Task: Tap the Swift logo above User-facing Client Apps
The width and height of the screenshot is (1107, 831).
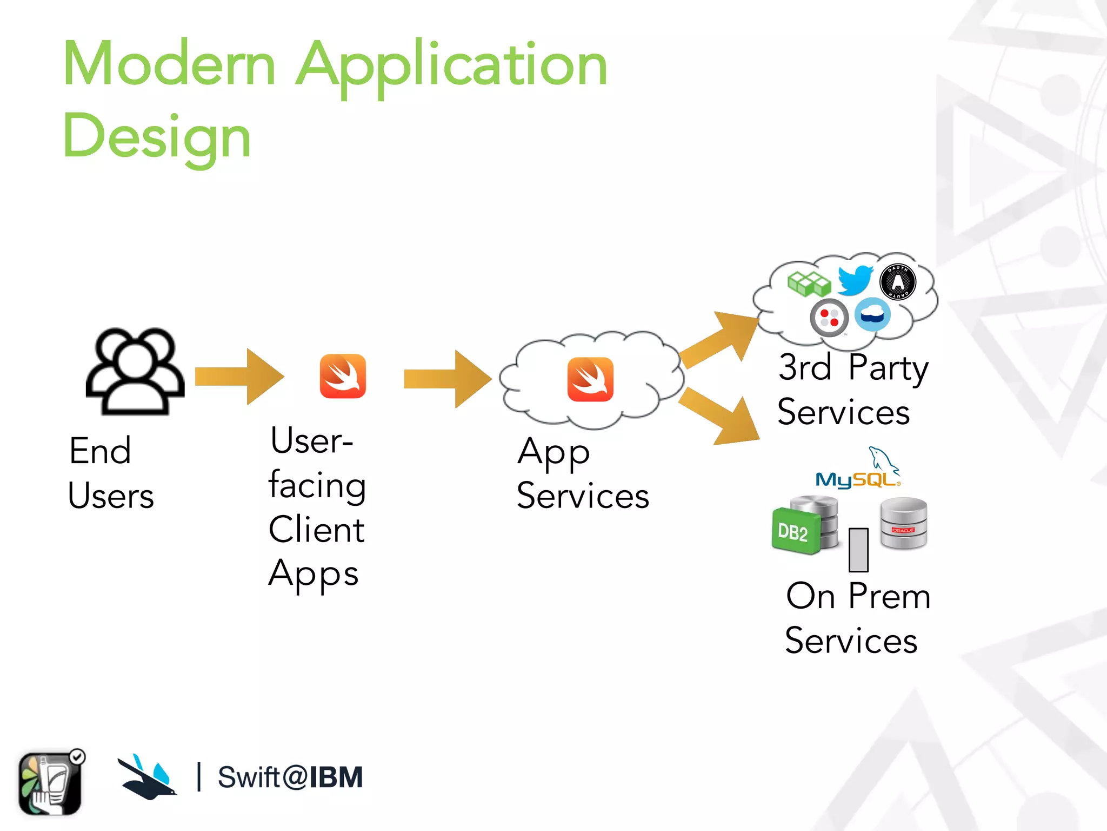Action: pyautogui.click(x=343, y=376)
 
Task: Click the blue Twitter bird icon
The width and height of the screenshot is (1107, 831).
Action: pyautogui.click(x=855, y=280)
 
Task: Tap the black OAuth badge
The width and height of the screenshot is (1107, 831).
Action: pyautogui.click(x=898, y=282)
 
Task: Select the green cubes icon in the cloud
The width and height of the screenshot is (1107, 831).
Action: pyautogui.click(x=809, y=283)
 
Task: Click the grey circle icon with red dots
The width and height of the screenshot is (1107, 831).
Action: pyautogui.click(x=829, y=318)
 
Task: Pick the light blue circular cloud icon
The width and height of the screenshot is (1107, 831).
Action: pyautogui.click(x=872, y=314)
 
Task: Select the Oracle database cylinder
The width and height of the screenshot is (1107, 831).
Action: pyautogui.click(x=903, y=523)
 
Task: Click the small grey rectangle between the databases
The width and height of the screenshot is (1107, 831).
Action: pyautogui.click(x=858, y=550)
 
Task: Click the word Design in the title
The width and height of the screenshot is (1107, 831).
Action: pyautogui.click(x=157, y=136)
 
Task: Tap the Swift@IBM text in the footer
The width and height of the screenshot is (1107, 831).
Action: pyautogui.click(x=290, y=777)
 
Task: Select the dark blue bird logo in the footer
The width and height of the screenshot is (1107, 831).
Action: pyautogui.click(x=147, y=777)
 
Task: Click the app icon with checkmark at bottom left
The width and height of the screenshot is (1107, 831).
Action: pyautogui.click(x=51, y=782)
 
